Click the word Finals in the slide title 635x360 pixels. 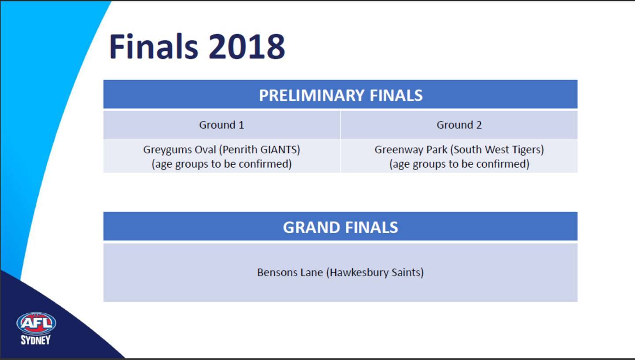point(153,46)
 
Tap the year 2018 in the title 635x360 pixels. point(247,46)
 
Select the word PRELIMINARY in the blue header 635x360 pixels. point(311,95)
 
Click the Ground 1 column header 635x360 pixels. point(222,125)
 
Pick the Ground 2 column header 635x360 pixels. point(459,125)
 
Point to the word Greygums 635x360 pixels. point(167,150)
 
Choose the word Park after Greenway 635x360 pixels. point(436,149)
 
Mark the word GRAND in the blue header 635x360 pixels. point(310,227)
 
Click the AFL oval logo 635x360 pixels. point(36,323)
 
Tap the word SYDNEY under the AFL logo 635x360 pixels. point(36,340)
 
